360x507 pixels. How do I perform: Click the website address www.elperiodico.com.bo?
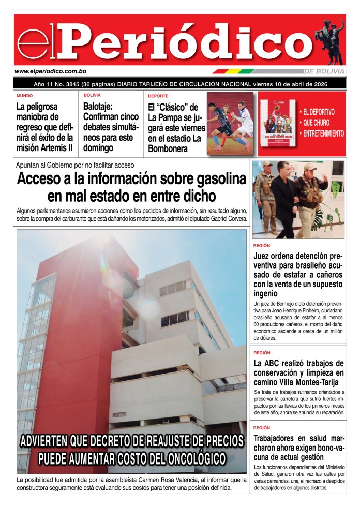(x=50, y=71)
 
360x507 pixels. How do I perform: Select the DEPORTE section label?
(x=158, y=96)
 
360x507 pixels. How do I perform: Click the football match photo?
(x=230, y=123)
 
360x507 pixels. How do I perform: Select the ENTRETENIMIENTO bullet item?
(x=323, y=133)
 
